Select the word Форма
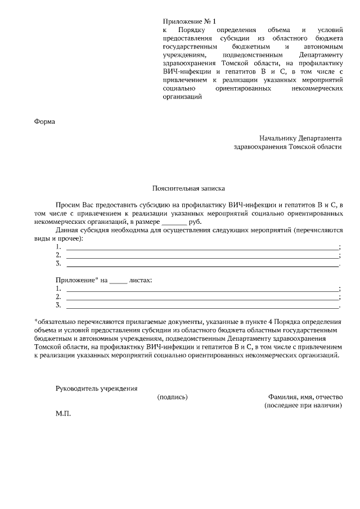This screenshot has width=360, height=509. (x=46, y=120)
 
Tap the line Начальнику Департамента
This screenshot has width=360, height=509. (x=300, y=138)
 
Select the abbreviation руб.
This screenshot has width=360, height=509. (x=195, y=222)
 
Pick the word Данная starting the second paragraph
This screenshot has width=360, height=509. (x=67, y=231)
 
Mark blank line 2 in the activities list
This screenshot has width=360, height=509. (x=202, y=255)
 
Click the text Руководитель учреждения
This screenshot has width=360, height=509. (x=96, y=388)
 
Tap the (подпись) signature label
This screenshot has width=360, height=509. (x=172, y=397)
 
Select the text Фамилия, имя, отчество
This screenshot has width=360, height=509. (x=304, y=397)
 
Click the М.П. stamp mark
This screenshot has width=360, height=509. (x=64, y=413)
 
